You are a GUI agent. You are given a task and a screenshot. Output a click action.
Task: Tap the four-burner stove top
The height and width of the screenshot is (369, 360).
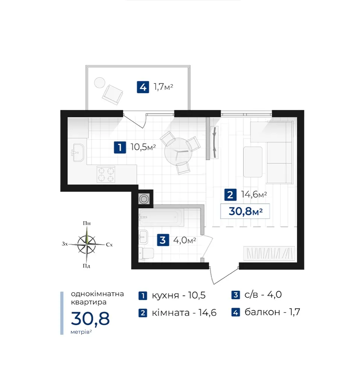(106, 174)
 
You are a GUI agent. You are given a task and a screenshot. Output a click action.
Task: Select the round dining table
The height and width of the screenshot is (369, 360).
(178, 151)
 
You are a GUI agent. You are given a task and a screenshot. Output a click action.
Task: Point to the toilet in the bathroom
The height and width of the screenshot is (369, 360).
(146, 253)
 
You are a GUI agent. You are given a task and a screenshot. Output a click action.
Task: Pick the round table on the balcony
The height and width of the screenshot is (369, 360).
(100, 83)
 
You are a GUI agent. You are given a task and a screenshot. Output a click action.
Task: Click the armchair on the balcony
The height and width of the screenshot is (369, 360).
(112, 95)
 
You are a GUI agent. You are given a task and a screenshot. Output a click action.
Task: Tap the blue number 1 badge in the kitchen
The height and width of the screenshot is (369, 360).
(120, 147)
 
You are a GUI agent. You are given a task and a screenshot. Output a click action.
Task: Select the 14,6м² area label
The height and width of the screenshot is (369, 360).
(254, 194)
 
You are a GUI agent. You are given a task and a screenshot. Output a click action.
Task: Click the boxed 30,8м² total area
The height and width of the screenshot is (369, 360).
(245, 211)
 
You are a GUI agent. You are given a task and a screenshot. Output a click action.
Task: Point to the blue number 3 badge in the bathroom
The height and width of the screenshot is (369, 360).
(163, 240)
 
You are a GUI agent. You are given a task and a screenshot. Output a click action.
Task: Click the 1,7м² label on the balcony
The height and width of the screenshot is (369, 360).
(163, 87)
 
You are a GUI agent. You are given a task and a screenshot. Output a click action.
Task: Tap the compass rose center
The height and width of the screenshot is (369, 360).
(87, 244)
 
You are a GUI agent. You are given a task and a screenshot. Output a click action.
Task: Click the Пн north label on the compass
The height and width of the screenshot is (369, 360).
(87, 223)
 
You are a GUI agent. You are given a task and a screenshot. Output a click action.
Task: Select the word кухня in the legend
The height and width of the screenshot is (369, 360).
(166, 295)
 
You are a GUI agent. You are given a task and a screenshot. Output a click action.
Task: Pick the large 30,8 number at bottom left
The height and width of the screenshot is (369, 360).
(90, 319)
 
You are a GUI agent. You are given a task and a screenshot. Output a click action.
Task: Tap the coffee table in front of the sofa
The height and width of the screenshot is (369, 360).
(253, 162)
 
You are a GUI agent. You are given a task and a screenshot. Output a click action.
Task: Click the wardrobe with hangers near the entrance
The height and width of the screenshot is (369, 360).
(269, 253)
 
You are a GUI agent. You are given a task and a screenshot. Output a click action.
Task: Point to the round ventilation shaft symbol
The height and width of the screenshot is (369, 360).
(144, 199)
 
